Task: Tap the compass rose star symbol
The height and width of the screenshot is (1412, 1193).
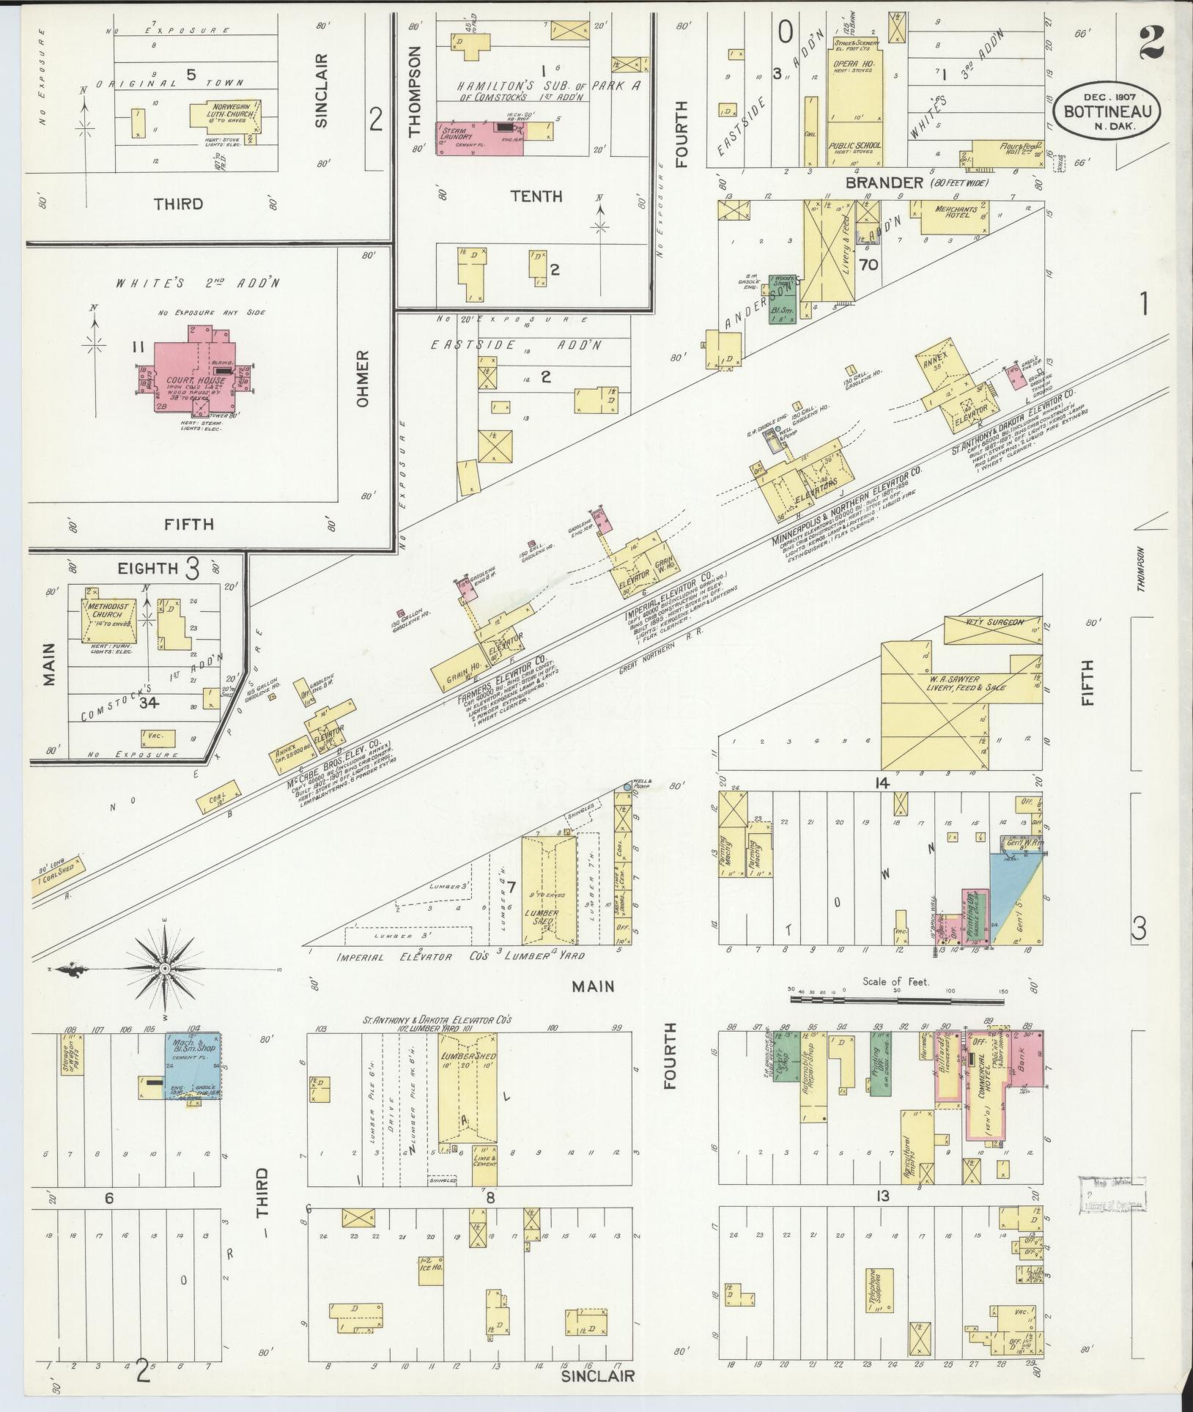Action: pyautogui.click(x=165, y=969)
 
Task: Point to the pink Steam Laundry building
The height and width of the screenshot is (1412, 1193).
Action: pyautogui.click(x=481, y=138)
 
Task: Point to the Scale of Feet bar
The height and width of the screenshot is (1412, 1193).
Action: pyautogui.click(x=896, y=999)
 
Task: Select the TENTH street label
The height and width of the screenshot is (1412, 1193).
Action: pyautogui.click(x=536, y=196)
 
